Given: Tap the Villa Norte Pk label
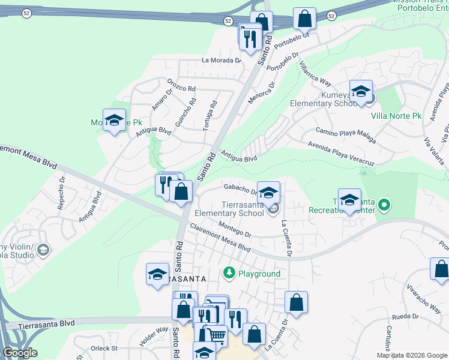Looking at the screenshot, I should click(x=397, y=115).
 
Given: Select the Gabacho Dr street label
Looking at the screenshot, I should click(x=241, y=189).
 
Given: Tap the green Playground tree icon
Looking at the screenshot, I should click(x=229, y=274).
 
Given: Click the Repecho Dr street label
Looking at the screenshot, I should click(x=61, y=191).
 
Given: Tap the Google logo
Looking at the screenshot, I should click(x=20, y=353).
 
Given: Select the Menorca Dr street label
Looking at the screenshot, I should click(x=262, y=89).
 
